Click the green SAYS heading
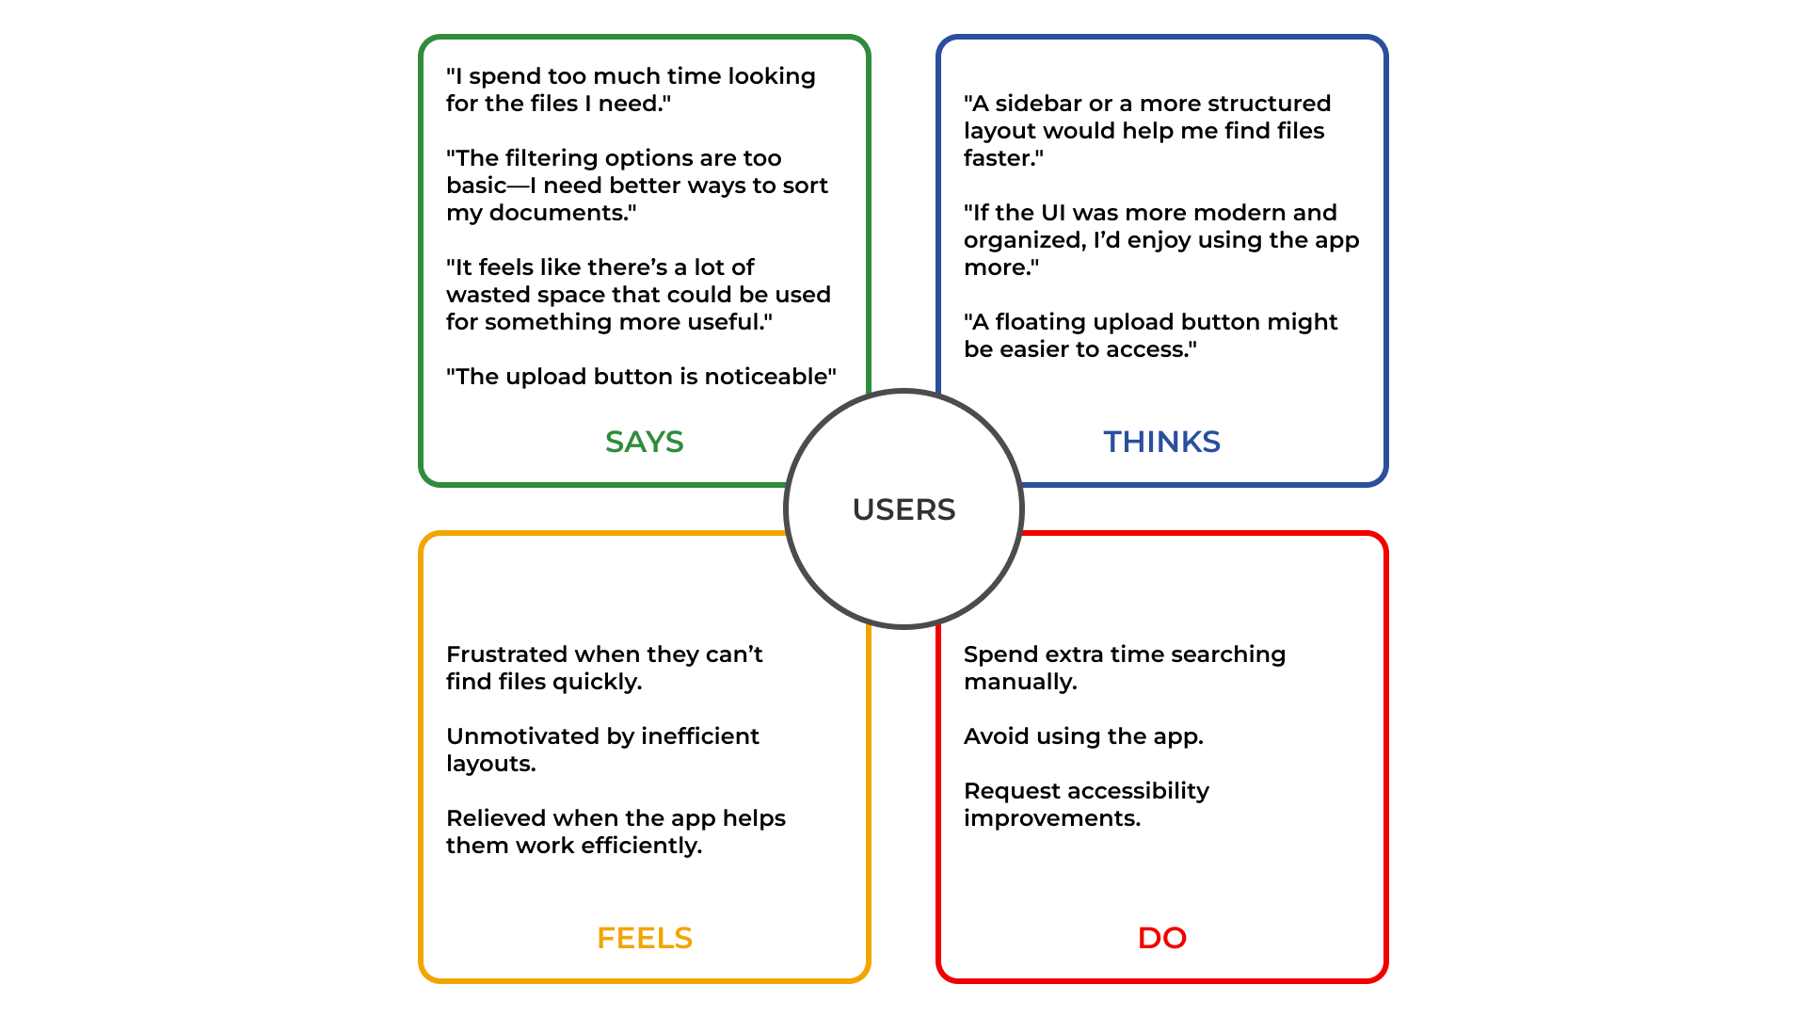click(x=644, y=442)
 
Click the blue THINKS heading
click(x=1161, y=442)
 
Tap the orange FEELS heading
click(x=644, y=938)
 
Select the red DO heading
click(x=1161, y=938)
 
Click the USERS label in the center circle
click(x=903, y=509)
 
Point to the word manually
click(x=1019, y=682)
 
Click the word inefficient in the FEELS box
click(x=699, y=736)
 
